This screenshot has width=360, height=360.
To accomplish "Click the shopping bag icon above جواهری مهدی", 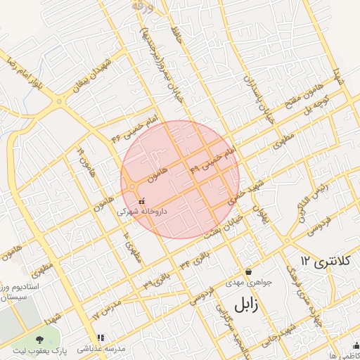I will coord(248,271).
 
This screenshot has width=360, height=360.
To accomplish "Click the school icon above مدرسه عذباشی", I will coord(100,338).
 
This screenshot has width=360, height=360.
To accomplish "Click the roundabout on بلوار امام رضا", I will coord(60,102).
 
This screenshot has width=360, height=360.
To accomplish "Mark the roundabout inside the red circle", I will coord(132,187).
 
